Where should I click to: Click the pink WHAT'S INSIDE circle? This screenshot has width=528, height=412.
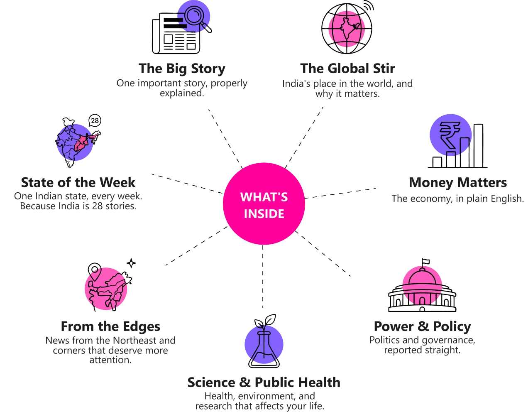click(264, 204)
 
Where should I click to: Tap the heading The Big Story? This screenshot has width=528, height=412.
click(182, 69)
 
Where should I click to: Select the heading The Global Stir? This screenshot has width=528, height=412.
click(347, 69)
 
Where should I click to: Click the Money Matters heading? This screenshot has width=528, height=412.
click(458, 183)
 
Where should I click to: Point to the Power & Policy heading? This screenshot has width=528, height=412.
click(422, 326)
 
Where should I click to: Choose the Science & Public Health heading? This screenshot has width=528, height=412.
click(264, 383)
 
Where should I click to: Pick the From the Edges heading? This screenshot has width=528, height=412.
click(110, 326)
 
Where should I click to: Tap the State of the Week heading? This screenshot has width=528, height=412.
click(78, 183)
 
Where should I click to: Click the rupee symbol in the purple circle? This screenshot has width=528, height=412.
click(450, 134)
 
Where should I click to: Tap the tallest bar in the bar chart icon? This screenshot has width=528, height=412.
click(478, 145)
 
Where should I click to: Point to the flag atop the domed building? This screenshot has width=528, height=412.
click(425, 262)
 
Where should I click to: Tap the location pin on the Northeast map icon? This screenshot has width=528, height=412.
click(95, 272)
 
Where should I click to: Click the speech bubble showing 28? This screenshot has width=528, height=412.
click(95, 121)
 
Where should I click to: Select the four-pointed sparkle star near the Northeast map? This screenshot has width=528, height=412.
click(131, 263)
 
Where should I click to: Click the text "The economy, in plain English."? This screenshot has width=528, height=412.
click(457, 199)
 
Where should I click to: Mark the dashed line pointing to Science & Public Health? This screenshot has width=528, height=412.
click(263, 276)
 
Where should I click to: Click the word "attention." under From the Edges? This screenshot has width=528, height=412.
click(110, 360)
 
